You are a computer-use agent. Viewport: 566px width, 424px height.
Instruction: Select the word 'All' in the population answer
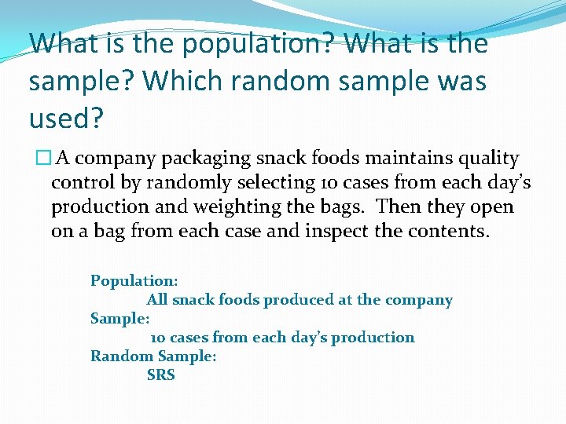pyautogui.click(x=157, y=299)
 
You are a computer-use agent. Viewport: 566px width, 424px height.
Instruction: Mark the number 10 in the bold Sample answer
pyautogui.click(x=157, y=338)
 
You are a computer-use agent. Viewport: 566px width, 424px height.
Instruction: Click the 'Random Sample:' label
pyautogui.click(x=153, y=356)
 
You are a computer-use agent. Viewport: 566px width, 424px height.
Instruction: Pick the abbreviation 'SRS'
pyautogui.click(x=160, y=375)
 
